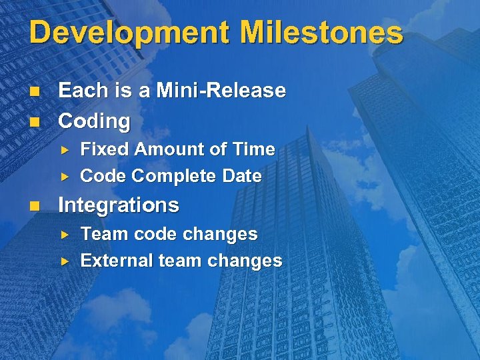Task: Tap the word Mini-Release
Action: [x=221, y=91]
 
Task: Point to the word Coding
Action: [x=94, y=121]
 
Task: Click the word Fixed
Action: [x=105, y=149]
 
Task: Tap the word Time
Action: [x=256, y=149]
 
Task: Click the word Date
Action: [x=242, y=176]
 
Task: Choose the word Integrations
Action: [x=119, y=205]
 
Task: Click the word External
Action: [x=117, y=261]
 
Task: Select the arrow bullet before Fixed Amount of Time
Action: [x=65, y=150]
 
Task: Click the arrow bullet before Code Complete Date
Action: [x=65, y=177]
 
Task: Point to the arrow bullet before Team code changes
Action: [x=65, y=235]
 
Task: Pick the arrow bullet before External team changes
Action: [x=65, y=261]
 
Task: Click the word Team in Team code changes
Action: [x=101, y=234]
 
